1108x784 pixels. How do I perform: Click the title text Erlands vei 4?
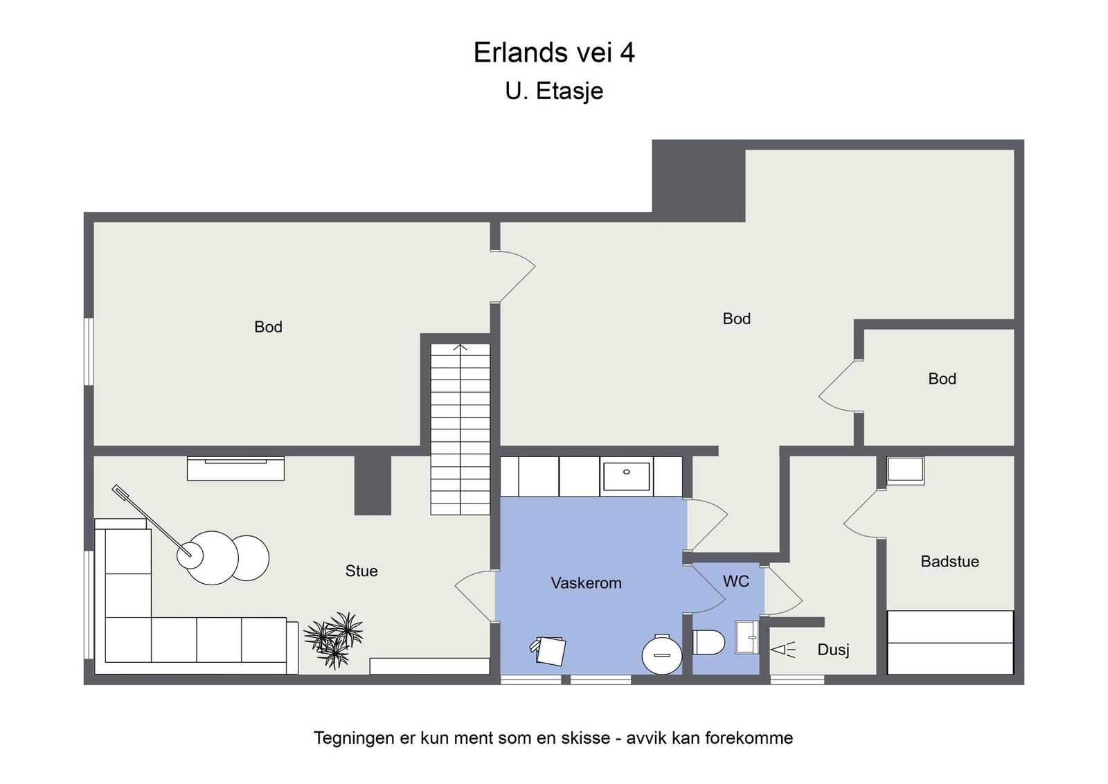tap(553, 53)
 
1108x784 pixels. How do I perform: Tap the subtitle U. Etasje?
tap(553, 91)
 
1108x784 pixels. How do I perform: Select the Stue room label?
tap(361, 571)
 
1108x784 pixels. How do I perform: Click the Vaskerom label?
tap(586, 583)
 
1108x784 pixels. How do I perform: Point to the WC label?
tap(735, 581)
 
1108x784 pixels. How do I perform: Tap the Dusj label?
tap(833, 650)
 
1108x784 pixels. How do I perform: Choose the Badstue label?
tap(949, 562)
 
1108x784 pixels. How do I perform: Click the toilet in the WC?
tap(708, 642)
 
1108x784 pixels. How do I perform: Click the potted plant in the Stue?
tap(335, 639)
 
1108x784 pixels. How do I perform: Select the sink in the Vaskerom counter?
tap(626, 476)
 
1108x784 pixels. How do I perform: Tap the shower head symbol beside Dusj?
tap(783, 650)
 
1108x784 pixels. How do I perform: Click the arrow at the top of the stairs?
tap(461, 347)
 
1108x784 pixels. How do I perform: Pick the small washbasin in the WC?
tap(747, 637)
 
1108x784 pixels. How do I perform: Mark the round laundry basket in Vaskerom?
tap(662, 654)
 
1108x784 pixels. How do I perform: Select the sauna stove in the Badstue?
tap(905, 470)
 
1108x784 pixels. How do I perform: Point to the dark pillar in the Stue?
tap(373, 485)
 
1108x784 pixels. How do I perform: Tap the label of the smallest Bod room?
tap(942, 379)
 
